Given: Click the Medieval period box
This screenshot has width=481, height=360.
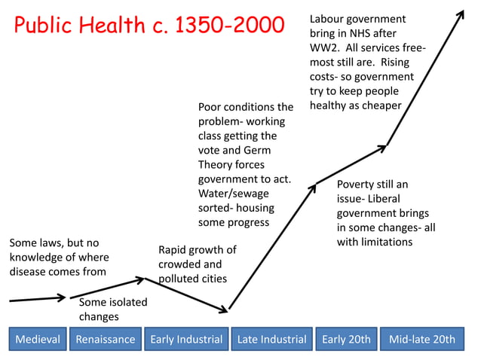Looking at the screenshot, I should pos(38,339).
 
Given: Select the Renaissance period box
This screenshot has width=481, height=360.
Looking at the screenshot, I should pos(105,339).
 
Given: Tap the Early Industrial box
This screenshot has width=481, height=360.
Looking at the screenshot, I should pos(186,339).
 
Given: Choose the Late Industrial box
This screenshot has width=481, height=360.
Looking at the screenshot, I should pos(271,339).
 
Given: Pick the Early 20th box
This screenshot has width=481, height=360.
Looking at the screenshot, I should pos(346,339).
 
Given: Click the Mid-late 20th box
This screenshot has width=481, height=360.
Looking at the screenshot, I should pos(421,339).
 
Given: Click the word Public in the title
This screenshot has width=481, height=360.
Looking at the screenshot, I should pos(45,26).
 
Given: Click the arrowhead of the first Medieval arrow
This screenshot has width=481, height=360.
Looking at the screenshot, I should pos(63,297).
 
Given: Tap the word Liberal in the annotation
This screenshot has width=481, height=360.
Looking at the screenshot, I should pos(388,199).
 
